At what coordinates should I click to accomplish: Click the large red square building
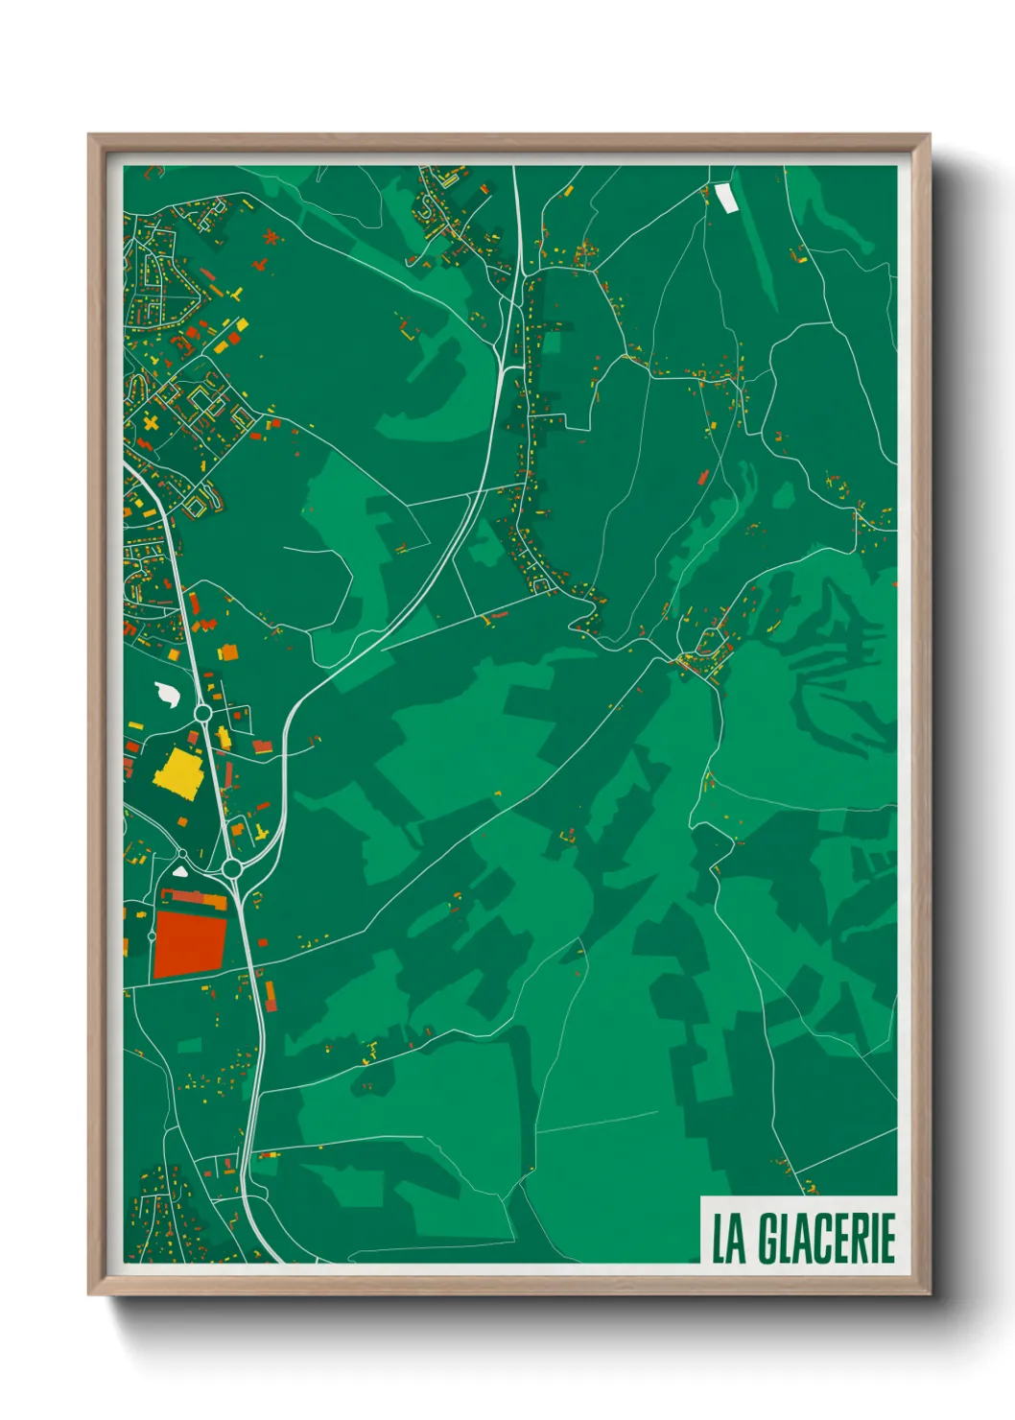click(189, 945)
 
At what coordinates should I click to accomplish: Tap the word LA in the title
click(728, 1239)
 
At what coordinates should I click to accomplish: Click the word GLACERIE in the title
click(826, 1239)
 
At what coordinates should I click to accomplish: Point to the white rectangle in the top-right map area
click(725, 197)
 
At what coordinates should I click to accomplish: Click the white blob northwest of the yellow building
click(167, 693)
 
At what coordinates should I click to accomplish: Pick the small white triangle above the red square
click(180, 872)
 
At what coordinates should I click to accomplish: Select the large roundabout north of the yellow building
click(202, 713)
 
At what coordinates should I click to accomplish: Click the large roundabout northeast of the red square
click(231, 868)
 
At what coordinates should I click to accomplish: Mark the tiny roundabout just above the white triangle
click(181, 853)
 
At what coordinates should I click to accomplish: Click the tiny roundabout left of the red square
click(152, 935)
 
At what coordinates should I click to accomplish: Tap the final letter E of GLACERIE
click(887, 1239)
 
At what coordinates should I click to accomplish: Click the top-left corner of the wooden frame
click(90, 136)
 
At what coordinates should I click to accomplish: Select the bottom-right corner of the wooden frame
click(929, 1293)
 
